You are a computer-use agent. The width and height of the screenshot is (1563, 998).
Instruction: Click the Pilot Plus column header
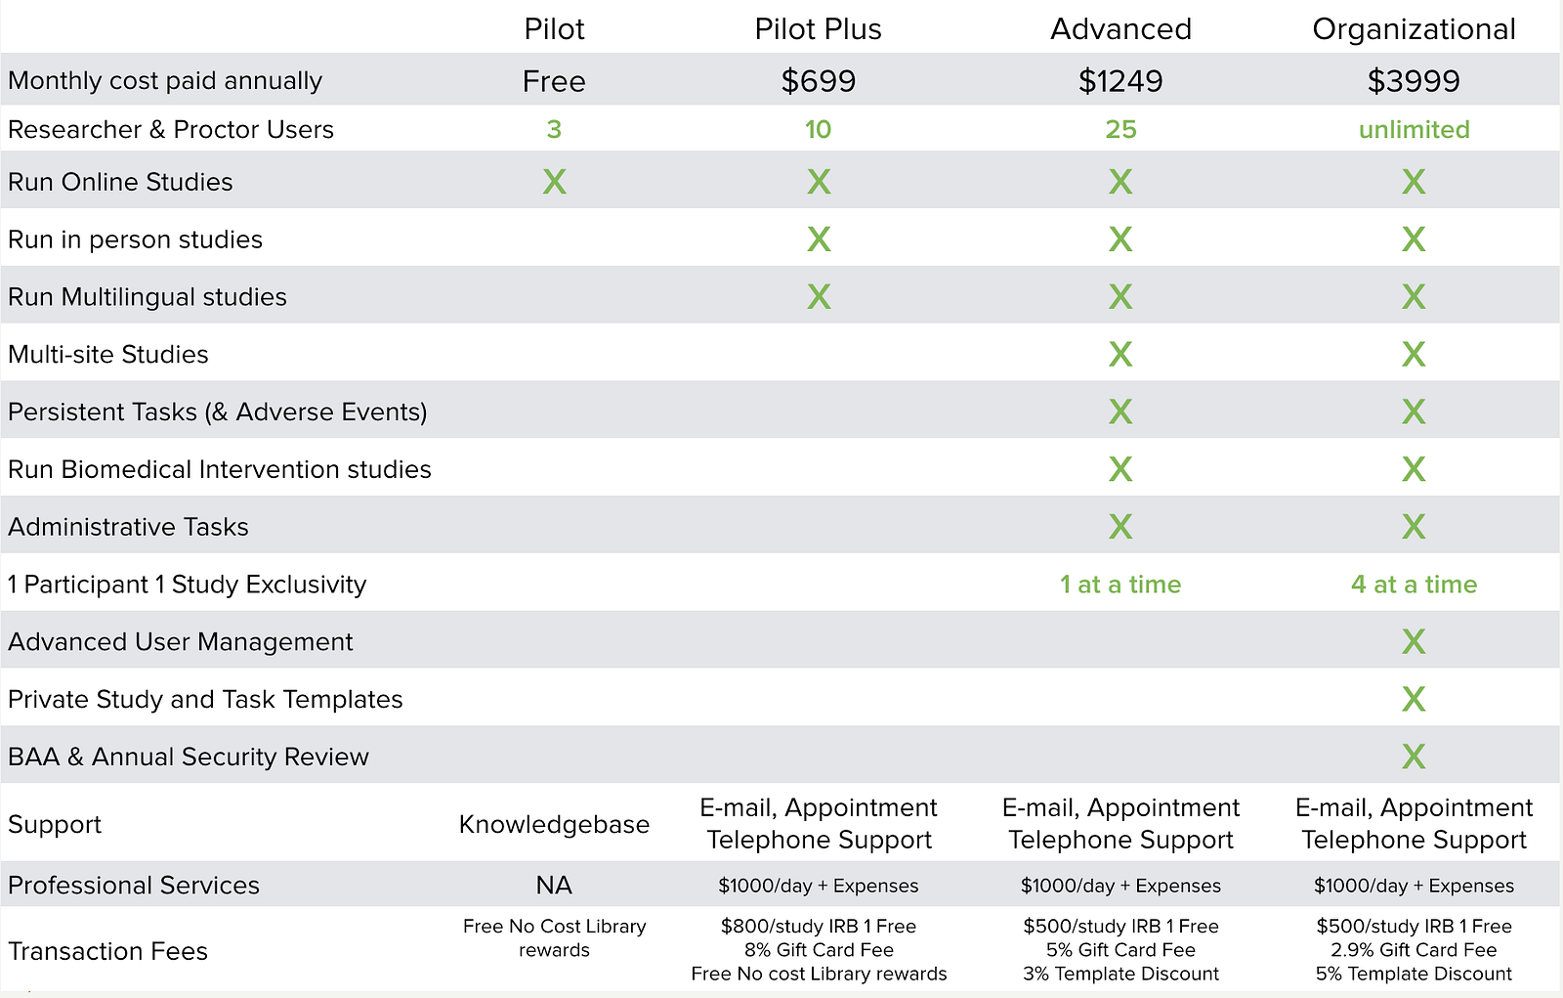[x=818, y=29]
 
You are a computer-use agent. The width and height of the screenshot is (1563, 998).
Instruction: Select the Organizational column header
[x=1414, y=29]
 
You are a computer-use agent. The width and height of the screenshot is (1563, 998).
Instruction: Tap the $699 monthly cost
[x=818, y=81]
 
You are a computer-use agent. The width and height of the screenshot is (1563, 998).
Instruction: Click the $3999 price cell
[x=1414, y=81]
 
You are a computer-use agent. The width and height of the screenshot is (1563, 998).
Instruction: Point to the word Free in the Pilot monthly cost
[x=554, y=81]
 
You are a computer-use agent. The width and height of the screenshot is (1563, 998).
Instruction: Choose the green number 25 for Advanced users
[x=1120, y=130]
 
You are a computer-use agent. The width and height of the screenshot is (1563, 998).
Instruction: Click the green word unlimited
[x=1414, y=130]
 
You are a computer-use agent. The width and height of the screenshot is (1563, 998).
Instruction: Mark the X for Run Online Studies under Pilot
[x=554, y=182]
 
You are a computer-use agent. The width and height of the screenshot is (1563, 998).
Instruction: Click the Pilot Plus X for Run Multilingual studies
[x=819, y=297]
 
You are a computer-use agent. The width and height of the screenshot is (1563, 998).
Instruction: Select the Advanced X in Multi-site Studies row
[x=1120, y=354]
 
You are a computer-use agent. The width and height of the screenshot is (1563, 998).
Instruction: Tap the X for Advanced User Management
[x=1414, y=642]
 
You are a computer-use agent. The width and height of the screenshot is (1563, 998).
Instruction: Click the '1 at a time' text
[x=1120, y=585]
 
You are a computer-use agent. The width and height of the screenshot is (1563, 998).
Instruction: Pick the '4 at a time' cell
[x=1414, y=585]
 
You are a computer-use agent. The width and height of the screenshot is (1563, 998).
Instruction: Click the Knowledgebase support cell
[x=554, y=825]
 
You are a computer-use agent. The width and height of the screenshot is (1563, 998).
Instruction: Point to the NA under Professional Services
[x=554, y=886]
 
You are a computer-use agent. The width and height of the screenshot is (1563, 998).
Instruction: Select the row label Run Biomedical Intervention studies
[x=220, y=470]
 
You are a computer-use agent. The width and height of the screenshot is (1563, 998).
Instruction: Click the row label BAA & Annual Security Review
[x=189, y=758]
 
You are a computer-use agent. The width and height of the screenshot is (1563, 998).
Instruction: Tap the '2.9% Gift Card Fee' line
[x=1414, y=950]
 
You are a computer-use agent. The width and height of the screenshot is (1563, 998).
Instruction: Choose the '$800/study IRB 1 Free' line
[x=819, y=927]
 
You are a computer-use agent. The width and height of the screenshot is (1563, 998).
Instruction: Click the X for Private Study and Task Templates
[x=1414, y=699]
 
